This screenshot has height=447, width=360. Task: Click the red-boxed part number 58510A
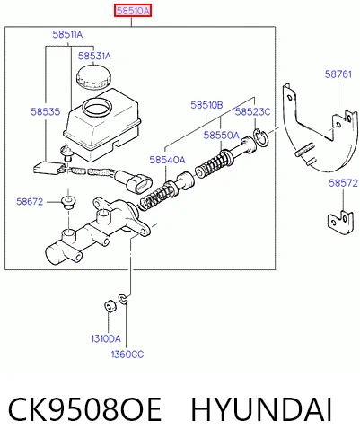click(133, 11)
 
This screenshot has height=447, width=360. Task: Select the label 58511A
click(67, 34)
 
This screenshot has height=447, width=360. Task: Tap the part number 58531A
click(94, 56)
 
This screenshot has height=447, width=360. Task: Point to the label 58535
click(46, 111)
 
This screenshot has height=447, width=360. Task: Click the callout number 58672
click(30, 202)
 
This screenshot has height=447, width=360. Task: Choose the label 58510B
click(206, 105)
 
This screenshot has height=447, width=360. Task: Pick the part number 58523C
click(252, 111)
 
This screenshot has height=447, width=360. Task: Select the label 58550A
click(222, 136)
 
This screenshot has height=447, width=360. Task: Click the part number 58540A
click(167, 160)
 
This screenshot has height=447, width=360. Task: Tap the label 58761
click(338, 74)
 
